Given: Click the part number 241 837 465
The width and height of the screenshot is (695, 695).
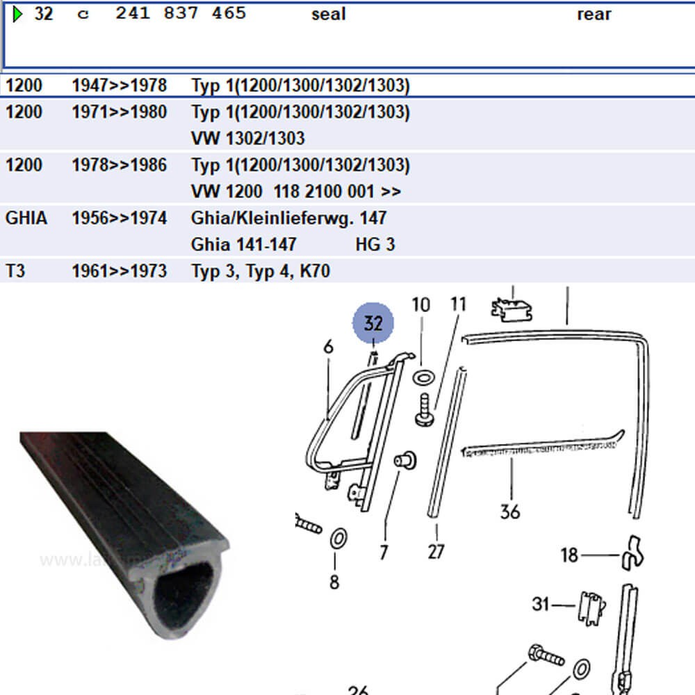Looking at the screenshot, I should click(x=181, y=14).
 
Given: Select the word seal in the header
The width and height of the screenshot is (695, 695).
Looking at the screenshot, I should click(x=328, y=15).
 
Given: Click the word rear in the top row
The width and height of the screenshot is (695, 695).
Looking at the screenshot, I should click(x=594, y=15).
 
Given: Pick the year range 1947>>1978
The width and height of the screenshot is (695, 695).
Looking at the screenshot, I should click(x=119, y=86).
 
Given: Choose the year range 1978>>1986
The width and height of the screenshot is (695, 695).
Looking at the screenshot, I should click(x=119, y=165).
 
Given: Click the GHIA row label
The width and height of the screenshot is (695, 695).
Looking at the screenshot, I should click(x=26, y=218).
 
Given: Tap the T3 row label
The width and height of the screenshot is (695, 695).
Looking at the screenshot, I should click(x=15, y=271).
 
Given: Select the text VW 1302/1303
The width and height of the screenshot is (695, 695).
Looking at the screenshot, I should click(x=247, y=138).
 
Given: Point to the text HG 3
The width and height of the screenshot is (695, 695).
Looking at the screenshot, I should click(x=375, y=245).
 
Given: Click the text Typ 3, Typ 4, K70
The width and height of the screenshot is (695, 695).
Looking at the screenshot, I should click(x=260, y=271).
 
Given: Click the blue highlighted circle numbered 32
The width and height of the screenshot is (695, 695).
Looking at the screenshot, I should click(x=373, y=323).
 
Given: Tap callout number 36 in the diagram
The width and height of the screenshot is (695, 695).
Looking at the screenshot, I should click(x=510, y=512).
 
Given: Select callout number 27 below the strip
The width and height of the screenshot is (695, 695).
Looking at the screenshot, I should click(x=436, y=552).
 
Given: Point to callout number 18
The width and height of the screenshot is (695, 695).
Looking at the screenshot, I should click(x=569, y=555).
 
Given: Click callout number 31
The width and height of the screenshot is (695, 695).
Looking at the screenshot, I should click(x=541, y=604).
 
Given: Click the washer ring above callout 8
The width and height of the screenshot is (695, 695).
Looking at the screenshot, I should click(x=339, y=538).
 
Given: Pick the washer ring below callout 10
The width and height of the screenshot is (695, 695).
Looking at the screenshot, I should click(x=422, y=378).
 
